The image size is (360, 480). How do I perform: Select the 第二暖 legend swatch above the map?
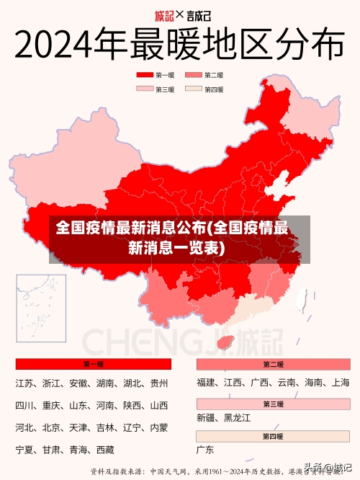(194, 75)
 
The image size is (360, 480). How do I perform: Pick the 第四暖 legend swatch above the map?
(194, 89)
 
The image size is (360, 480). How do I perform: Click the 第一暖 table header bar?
(93, 365)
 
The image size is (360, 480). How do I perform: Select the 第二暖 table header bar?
(273, 365)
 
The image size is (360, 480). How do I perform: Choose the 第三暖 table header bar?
(273, 404)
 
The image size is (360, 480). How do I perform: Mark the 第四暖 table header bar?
(273, 437)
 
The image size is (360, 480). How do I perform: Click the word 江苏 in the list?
(24, 383)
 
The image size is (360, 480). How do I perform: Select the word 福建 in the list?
(206, 383)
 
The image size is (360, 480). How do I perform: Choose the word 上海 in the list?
(341, 383)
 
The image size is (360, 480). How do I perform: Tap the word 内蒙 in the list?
(158, 428)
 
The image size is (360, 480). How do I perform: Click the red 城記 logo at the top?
(165, 14)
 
